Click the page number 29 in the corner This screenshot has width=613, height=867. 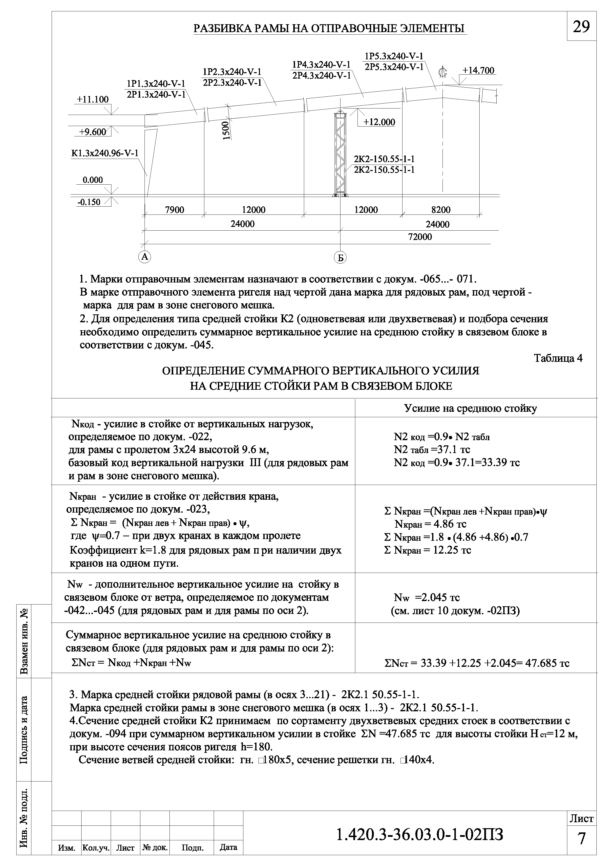[x=581, y=26]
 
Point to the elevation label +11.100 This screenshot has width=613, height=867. [x=92, y=99]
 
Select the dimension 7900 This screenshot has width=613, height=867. [x=175, y=210]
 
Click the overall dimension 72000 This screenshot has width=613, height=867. [x=420, y=237]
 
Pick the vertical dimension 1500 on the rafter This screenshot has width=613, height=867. [x=226, y=130]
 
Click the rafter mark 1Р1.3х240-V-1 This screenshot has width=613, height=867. [x=156, y=84]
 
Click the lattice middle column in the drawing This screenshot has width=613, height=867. [x=340, y=155]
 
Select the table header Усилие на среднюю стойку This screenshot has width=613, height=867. [x=470, y=408]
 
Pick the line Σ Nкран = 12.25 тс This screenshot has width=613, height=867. [x=427, y=550]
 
